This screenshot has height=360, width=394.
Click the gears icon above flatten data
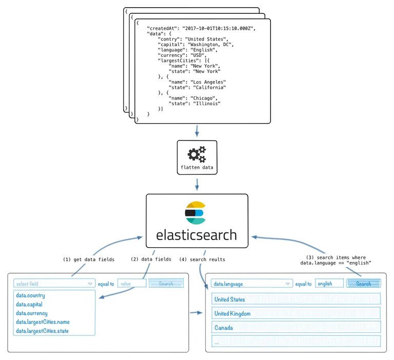pos(197,154)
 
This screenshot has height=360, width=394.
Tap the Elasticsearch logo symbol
pos(195,213)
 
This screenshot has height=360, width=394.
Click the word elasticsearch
pos(196,235)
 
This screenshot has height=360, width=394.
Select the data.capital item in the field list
pos(31,304)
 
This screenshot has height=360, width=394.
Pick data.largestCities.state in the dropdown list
pos(43,331)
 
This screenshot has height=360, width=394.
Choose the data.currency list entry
pos(32,313)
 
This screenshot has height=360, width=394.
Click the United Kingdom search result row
pos(295,313)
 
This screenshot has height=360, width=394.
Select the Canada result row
pos(295,327)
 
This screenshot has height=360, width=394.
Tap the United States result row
pos(295,299)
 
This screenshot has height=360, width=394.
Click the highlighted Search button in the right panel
pos(363,284)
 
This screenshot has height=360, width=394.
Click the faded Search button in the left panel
pos(166,283)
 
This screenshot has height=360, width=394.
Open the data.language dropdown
pos(251,284)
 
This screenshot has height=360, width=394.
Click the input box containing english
pos(329,284)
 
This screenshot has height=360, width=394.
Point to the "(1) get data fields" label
pos(88,259)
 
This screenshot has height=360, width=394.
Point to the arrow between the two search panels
pos(195,312)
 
